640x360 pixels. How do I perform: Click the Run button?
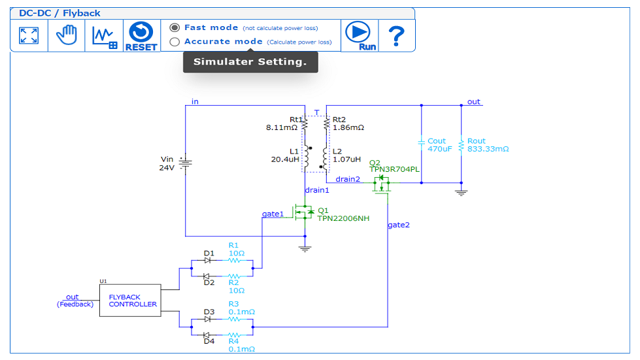click(358, 35)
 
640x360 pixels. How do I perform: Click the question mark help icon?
click(396, 35)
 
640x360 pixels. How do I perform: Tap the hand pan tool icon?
click(66, 35)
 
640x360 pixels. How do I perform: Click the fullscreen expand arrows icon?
click(28, 35)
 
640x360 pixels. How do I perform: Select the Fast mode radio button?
click(175, 27)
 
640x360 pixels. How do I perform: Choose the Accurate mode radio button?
click(175, 42)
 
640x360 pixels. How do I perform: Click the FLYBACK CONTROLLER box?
click(129, 301)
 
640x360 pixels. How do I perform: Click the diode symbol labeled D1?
click(207, 260)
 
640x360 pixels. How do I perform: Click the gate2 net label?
click(399, 225)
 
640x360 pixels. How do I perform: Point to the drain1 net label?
click(317, 190)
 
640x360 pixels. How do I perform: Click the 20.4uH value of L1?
click(285, 159)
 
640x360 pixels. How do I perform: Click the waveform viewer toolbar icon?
click(104, 35)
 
